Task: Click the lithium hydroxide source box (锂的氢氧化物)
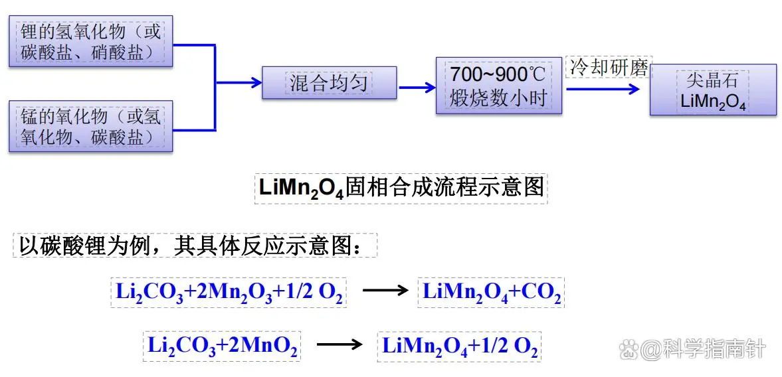[x=90, y=41]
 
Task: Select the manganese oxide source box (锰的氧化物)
[x=90, y=126]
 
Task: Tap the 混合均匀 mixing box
[x=329, y=83]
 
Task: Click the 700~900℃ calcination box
[x=498, y=86]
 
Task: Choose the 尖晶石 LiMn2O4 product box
[x=713, y=90]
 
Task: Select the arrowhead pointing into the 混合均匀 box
[x=255, y=83]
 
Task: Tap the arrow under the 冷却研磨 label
[x=605, y=86]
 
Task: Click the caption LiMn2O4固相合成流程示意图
[x=401, y=188]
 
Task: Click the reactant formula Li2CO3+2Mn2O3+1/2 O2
[x=229, y=293]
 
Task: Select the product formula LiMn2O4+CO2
[x=491, y=293]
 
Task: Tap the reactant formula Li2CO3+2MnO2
[x=222, y=346]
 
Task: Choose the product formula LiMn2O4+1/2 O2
[x=459, y=346]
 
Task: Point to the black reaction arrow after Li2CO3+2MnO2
[x=339, y=344]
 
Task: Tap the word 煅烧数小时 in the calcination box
[x=498, y=98]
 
